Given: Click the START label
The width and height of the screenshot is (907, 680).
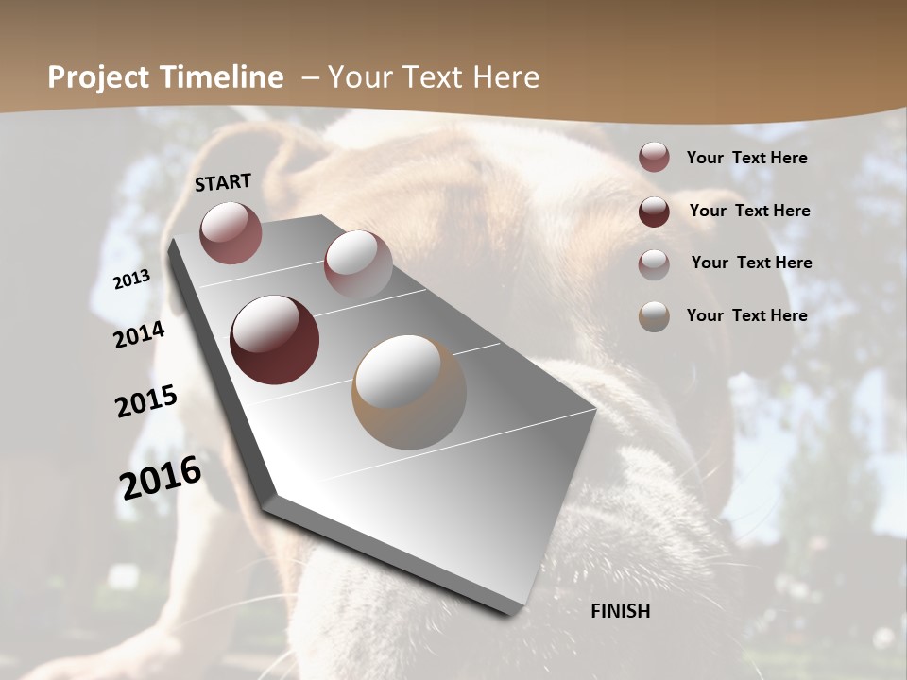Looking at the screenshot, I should click(223, 182).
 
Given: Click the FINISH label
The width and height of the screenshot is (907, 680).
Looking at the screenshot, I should click(621, 611).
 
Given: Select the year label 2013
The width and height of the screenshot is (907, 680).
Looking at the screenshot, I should click(132, 279).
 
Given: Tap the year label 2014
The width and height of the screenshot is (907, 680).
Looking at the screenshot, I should click(140, 335).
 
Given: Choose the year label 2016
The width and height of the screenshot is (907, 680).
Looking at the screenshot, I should click(161, 476).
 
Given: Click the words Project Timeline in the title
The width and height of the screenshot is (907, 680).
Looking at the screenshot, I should click(165, 77).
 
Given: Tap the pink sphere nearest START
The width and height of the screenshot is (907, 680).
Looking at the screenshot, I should click(231, 232).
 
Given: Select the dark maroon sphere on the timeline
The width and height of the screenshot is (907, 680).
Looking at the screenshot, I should click(274, 340).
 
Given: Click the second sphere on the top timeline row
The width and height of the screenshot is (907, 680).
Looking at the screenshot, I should click(357, 265).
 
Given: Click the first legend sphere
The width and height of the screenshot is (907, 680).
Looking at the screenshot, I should click(654, 158).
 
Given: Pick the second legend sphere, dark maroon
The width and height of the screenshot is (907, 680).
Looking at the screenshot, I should click(654, 212).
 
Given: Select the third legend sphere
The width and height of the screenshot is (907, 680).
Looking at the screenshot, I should click(654, 263).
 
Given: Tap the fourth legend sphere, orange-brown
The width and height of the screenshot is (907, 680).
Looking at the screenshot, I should click(654, 316).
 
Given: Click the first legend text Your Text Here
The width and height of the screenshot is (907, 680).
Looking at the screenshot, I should click(746, 158).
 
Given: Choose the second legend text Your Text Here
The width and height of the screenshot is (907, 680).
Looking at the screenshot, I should click(749, 211).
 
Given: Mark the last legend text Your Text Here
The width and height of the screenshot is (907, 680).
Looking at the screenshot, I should click(746, 315).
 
